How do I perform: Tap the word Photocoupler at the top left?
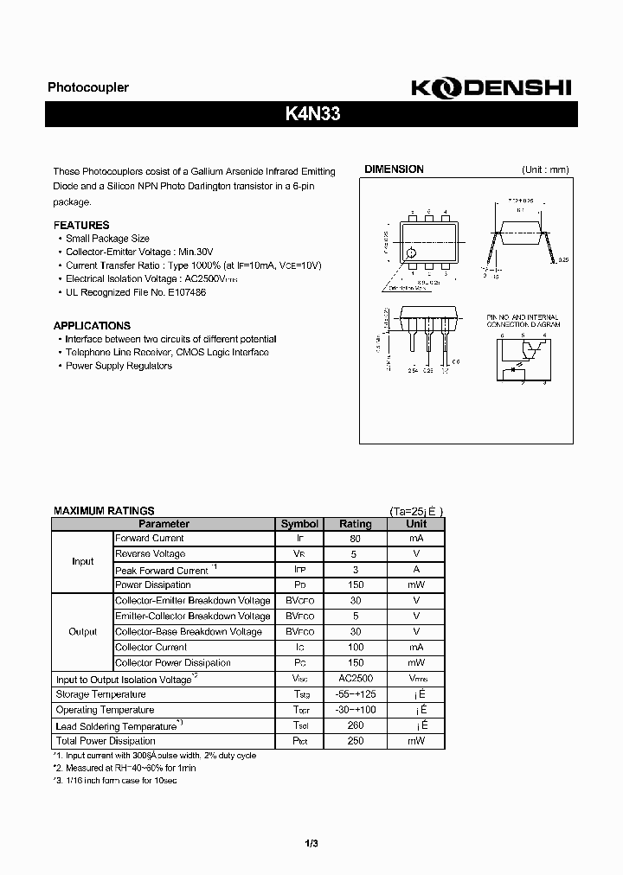pos(87,88)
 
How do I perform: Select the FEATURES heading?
pos(81,226)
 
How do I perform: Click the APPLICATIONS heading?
pos(92,326)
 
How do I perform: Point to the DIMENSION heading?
pos(394,169)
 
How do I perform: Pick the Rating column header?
pos(355,524)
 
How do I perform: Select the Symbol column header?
pos(299,524)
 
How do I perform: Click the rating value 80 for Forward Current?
pos(355,539)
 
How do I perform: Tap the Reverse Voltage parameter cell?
pos(151,554)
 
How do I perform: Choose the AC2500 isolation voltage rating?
pos(355,680)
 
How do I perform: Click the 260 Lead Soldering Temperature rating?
pos(355,726)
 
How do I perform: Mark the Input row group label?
pos(83,562)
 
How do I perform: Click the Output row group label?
pos(83,632)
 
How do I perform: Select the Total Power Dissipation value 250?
pos(355,741)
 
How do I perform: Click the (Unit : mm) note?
pos(545,170)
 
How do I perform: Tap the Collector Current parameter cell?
pos(151,648)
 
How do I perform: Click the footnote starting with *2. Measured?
pos(125,768)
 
